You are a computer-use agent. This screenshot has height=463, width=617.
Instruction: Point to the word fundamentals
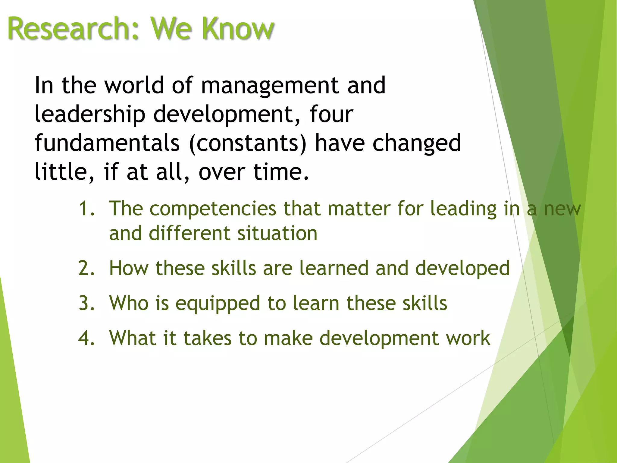pos(107,143)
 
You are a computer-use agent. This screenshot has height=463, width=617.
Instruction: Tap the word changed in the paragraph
pos(417,143)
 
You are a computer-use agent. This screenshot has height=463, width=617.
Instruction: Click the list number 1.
pos(86,208)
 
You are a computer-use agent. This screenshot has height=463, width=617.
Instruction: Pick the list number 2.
pos(86,268)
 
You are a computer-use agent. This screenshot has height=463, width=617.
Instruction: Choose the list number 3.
pos(86,303)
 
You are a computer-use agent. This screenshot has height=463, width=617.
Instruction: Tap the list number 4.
pos(86,338)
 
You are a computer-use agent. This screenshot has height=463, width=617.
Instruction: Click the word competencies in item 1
pos(213,209)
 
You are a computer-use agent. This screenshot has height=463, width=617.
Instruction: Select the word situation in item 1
pos(277,233)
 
